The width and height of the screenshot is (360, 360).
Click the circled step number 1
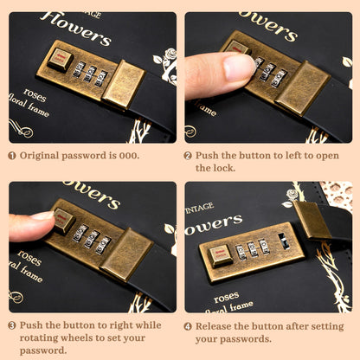12,156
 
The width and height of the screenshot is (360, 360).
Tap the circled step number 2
188,156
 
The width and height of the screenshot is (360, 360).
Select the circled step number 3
12,325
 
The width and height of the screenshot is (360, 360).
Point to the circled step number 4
188,326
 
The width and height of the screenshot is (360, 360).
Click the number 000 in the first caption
128,156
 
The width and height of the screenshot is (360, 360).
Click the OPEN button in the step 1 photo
60,60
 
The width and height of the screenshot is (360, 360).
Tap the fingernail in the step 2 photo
239,67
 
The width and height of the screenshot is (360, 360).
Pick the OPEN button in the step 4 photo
221,255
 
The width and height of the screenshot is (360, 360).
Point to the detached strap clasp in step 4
312,220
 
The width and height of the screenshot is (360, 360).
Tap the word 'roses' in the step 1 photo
35,95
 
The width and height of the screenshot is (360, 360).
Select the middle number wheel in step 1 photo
90,74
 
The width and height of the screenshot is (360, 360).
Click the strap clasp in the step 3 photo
126,254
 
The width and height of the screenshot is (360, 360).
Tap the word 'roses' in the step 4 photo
227,298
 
